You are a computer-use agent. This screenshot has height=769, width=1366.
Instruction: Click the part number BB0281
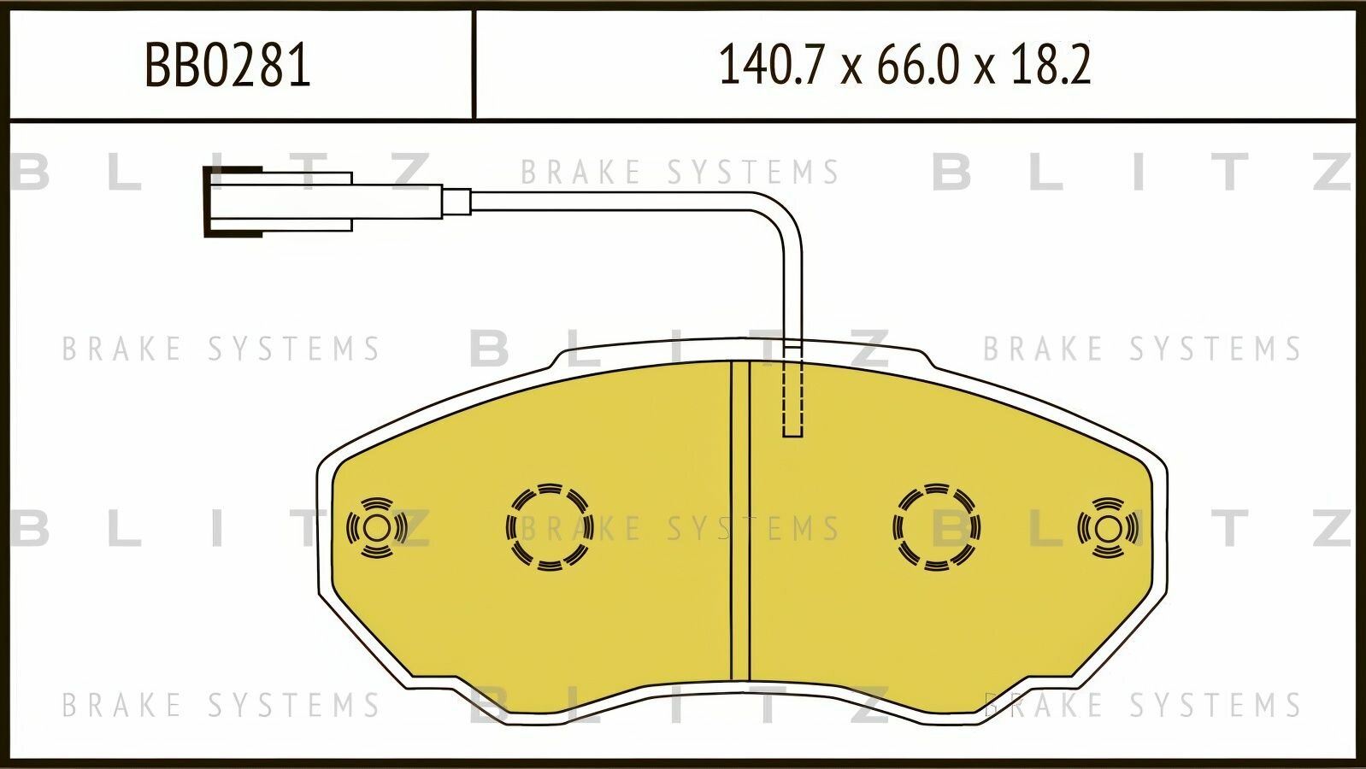coord(227,65)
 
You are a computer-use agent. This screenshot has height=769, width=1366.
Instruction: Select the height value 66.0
coord(918,65)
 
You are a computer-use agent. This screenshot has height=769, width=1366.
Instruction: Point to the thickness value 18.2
coord(1051,65)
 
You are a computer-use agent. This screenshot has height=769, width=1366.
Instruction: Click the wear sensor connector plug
coord(323,202)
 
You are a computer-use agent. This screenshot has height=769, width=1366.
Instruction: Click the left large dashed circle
coord(550,527)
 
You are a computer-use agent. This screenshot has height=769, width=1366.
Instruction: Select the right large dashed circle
coord(937,527)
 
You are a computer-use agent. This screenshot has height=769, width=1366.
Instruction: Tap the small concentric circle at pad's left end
coord(377,528)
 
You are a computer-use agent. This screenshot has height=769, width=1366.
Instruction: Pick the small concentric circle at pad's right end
coord(1108,528)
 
